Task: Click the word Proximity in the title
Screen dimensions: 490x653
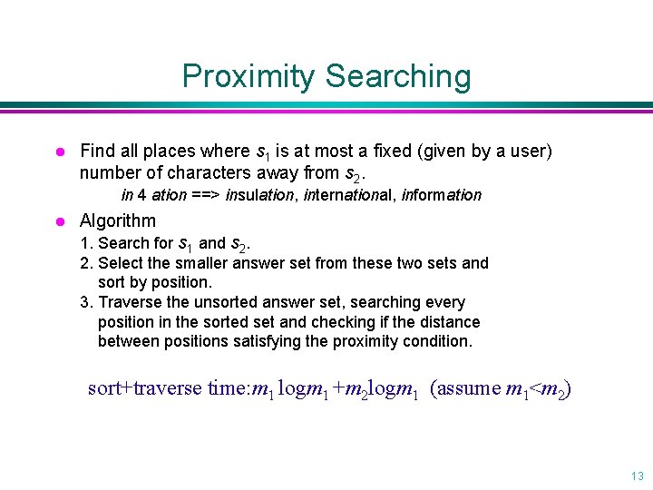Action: click(x=249, y=76)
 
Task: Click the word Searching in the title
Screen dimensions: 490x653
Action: click(x=398, y=76)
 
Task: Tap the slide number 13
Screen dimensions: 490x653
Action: click(x=637, y=475)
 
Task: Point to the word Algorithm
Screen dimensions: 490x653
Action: click(x=118, y=220)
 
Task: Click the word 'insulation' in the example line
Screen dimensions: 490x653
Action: click(x=260, y=195)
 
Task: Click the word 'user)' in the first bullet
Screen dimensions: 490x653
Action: click(x=531, y=151)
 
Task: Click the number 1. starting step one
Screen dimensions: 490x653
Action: click(x=86, y=243)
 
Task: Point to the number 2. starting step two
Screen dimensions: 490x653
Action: click(x=86, y=263)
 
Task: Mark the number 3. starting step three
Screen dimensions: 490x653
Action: click(x=86, y=302)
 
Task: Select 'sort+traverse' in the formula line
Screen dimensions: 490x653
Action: click(x=144, y=388)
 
